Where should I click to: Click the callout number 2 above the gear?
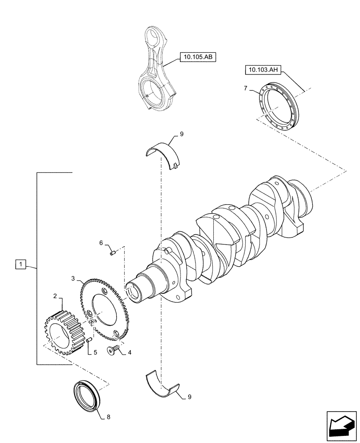coord(55,295)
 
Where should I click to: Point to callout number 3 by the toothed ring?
coord(73,278)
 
